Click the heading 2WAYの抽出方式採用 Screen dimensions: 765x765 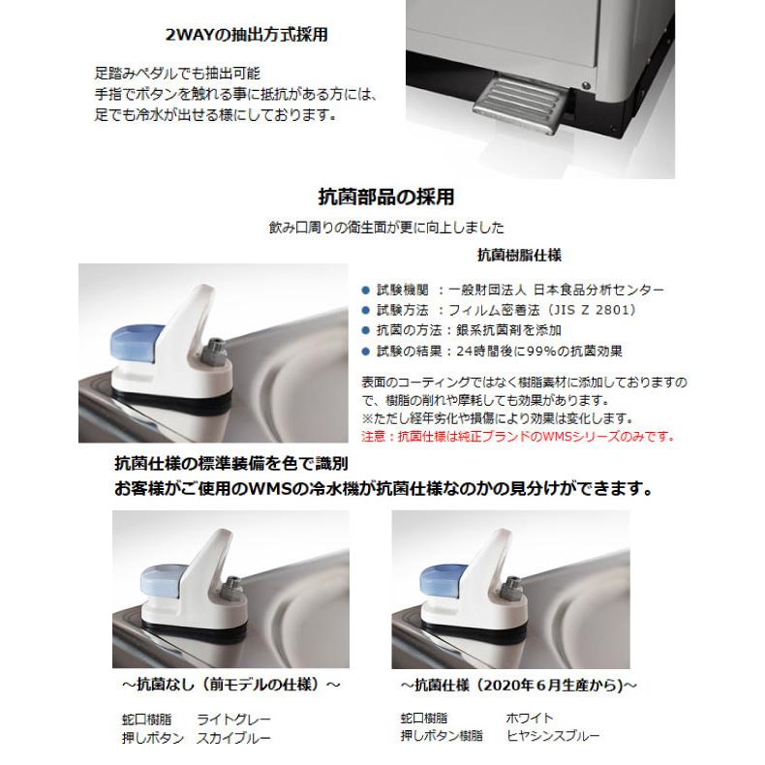248,36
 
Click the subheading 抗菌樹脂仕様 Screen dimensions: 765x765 520,257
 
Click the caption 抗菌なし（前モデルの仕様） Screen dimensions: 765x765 230,685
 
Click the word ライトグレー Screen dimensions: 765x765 233,719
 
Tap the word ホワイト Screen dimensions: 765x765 530,719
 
